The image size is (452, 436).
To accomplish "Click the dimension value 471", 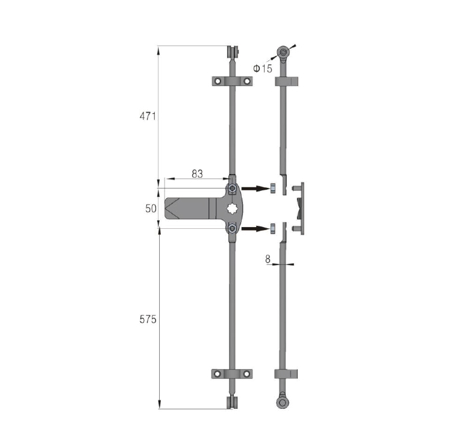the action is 148,116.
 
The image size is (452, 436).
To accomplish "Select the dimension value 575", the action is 148,319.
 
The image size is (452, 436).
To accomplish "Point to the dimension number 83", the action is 198,173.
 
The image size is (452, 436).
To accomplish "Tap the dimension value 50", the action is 151,208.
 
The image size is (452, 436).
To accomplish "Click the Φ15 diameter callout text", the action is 263,69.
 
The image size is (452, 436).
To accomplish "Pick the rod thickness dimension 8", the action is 268,259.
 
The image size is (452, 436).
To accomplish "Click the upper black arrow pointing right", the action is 255,188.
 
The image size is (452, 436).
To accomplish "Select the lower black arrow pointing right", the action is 255,229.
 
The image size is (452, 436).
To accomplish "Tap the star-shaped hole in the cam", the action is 232,208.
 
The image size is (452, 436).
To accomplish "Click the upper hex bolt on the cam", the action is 232,188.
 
